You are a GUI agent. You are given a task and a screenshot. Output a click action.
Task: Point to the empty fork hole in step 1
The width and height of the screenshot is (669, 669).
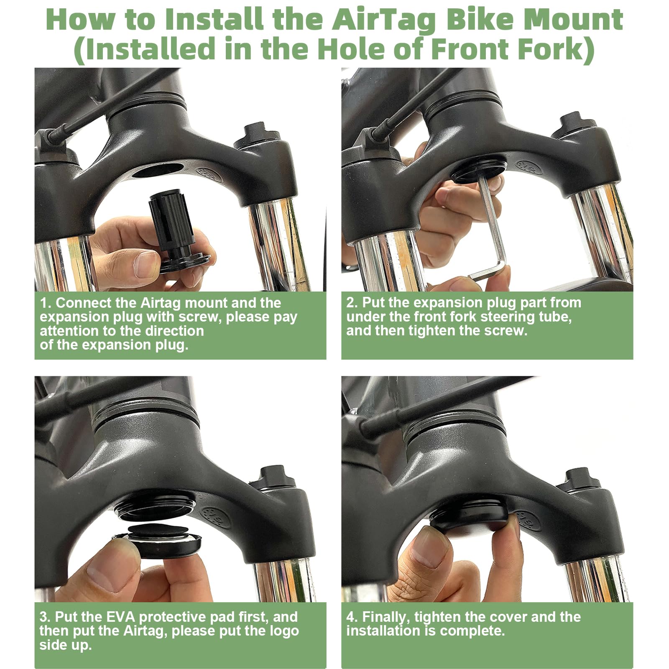pyautogui.click(x=158, y=170)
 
